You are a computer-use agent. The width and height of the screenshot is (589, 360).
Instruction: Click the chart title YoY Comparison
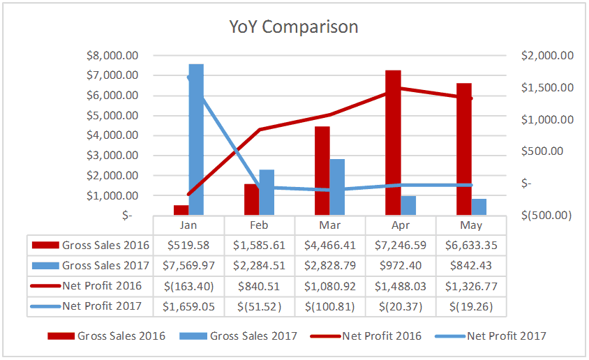pos(294,27)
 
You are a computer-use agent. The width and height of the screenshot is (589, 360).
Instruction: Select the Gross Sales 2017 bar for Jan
pos(196,140)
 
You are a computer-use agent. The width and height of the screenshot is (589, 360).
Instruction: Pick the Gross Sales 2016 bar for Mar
pos(322,170)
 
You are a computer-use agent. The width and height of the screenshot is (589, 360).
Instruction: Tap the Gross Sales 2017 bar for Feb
pos(267,192)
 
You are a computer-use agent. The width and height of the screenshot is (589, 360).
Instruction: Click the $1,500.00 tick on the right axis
pos(548,87)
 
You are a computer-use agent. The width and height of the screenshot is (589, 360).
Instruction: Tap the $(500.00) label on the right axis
pos(546,215)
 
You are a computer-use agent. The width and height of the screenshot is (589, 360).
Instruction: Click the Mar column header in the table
pos(329,225)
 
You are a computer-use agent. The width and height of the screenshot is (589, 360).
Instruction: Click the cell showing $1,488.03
pos(400,286)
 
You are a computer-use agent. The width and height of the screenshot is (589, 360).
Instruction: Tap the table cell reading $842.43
pos(470,265)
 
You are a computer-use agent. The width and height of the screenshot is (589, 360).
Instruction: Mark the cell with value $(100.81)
pos(329,306)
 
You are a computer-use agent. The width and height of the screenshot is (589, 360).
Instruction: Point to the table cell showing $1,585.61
pos(259,245)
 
